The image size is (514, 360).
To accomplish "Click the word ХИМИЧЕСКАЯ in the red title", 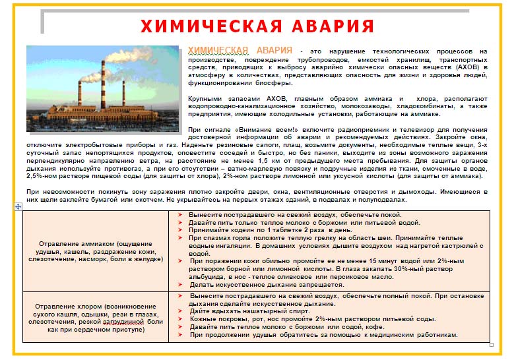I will click(201, 26).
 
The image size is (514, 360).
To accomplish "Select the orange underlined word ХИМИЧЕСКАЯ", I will click(218, 50).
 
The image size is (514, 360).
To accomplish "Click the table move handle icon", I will click(18, 206).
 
